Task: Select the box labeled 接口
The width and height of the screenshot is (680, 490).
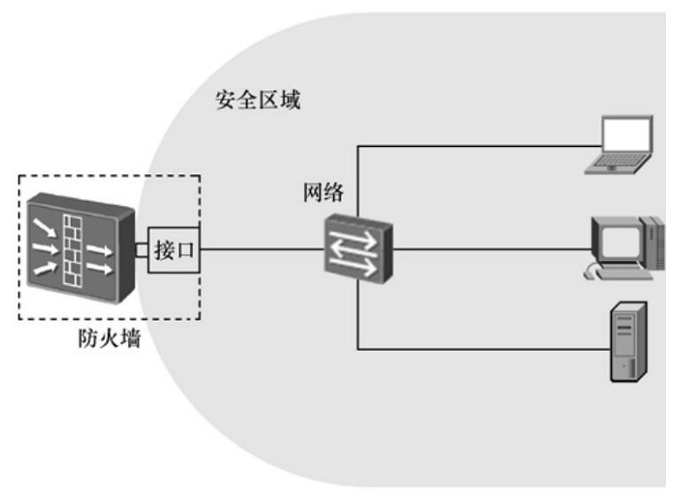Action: pos(174,249)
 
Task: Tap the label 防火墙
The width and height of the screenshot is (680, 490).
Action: pos(109,339)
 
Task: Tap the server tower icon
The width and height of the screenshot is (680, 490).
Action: pos(629,341)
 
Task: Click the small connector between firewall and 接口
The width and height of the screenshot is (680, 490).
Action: pos(141,249)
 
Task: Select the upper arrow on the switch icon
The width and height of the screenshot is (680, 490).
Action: pos(356,241)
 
